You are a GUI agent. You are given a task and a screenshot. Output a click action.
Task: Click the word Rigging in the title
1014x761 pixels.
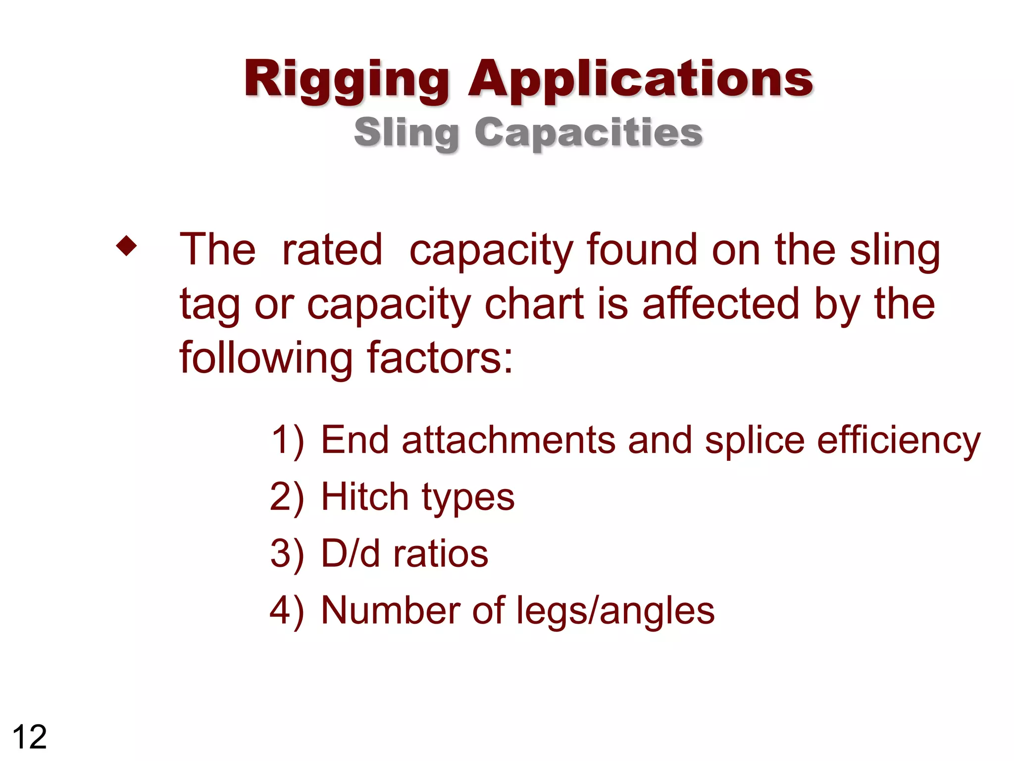(347, 80)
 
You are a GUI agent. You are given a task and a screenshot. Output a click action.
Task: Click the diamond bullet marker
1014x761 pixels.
(126, 246)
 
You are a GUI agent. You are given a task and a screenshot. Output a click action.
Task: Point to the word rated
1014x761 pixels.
(332, 250)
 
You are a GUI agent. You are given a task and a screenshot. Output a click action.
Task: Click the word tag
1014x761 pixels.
(209, 304)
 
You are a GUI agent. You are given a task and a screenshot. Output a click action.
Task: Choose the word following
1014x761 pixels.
(265, 358)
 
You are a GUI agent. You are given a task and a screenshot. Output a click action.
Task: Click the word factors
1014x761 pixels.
(440, 358)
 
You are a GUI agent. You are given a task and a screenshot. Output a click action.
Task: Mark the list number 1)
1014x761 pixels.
(288, 440)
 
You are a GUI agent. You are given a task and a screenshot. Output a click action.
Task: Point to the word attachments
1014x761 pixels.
(508, 440)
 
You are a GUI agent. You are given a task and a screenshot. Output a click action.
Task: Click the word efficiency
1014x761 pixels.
(898, 441)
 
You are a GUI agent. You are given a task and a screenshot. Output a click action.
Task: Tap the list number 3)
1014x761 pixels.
(287, 553)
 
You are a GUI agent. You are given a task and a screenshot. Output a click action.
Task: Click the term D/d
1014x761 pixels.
(351, 553)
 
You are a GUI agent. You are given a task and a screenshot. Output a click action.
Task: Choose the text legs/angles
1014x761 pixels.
(615, 611)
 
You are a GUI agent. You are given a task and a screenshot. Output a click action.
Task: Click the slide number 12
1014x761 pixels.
(30, 737)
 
